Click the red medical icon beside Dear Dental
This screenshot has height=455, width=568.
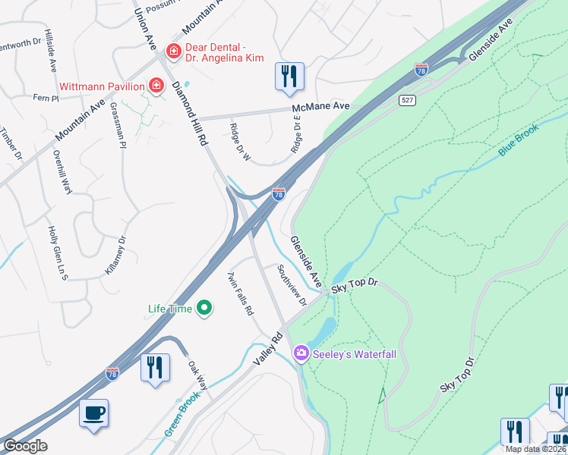click(173, 52)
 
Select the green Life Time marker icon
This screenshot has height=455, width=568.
click(204, 308)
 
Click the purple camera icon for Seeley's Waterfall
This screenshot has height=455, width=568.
click(301, 353)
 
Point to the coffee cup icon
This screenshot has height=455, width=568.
click(93, 413)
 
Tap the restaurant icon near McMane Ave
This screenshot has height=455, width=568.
click(289, 77)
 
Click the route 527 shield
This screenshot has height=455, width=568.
click(407, 101)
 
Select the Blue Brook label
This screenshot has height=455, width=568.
click(519, 141)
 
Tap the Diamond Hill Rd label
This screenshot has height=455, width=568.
click(190, 114)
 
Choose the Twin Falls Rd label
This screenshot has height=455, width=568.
click(240, 294)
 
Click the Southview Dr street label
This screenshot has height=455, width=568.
click(291, 285)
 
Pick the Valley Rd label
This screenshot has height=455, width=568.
click(267, 347)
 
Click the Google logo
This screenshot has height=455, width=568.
click(25, 446)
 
